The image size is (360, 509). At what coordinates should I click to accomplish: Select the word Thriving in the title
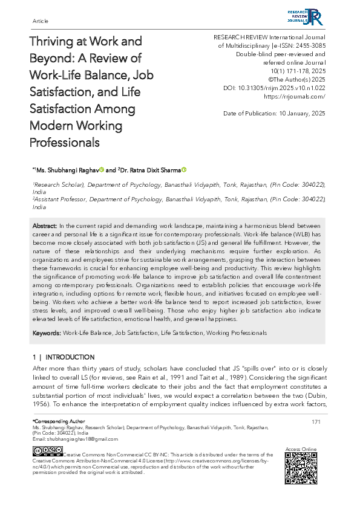tap(52, 42)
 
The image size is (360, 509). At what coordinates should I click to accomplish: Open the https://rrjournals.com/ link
tap(295, 96)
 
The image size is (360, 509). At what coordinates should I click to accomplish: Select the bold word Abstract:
tap(45, 225)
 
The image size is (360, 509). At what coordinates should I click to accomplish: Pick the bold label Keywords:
tap(47, 333)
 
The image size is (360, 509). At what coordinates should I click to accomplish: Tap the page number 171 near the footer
tap(316, 421)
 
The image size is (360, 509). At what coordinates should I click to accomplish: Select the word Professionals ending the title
tap(65, 143)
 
